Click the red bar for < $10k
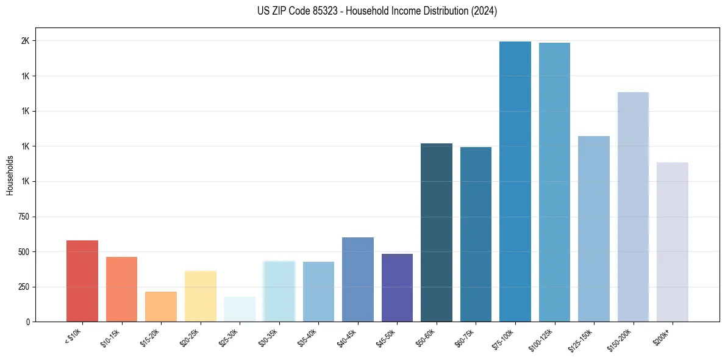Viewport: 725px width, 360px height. pyautogui.click(x=82, y=281)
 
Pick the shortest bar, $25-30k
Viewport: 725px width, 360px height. pyautogui.click(x=240, y=309)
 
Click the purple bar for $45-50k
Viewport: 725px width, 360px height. pyautogui.click(x=397, y=287)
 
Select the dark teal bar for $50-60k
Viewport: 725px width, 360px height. pyautogui.click(x=437, y=232)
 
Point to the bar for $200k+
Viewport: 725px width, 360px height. pyautogui.click(x=672, y=242)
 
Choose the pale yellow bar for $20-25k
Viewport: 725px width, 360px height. pyautogui.click(x=201, y=296)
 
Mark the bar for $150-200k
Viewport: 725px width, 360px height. pyautogui.click(x=633, y=207)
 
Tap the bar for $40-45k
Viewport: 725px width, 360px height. pyautogui.click(x=358, y=279)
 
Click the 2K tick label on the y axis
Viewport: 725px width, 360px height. pyautogui.click(x=26, y=41)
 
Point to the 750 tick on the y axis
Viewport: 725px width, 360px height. pyautogui.click(x=24, y=217)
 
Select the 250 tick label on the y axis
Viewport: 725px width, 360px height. pyautogui.click(x=24, y=287)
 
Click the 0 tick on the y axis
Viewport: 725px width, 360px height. pyautogui.click(x=28, y=322)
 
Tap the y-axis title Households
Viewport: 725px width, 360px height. pyautogui.click(x=10, y=175)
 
